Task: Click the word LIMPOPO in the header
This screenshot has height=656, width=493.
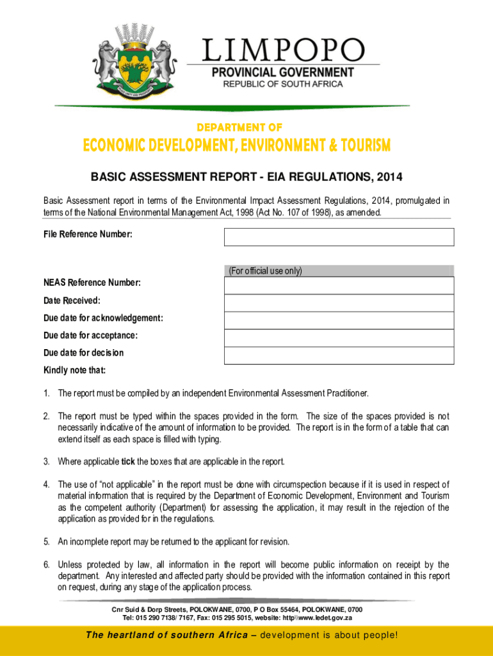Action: (x=284, y=51)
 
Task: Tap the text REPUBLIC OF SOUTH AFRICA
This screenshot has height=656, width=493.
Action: (x=282, y=84)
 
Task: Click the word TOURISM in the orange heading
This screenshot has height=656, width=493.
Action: (x=360, y=147)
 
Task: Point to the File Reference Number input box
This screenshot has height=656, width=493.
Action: (x=339, y=237)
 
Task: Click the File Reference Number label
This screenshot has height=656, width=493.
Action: (x=88, y=235)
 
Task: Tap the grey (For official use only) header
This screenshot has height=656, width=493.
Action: (x=339, y=271)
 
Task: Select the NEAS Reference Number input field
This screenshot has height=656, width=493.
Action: (x=339, y=286)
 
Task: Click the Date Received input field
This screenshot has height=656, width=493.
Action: (x=339, y=303)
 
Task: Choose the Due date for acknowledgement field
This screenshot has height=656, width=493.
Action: (x=339, y=320)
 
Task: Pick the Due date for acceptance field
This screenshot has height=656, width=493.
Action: (x=339, y=338)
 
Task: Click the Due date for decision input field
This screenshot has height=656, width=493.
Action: (x=339, y=355)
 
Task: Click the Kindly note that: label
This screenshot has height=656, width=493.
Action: (x=74, y=370)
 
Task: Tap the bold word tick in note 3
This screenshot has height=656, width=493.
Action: (x=128, y=462)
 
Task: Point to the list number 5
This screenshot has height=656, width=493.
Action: (x=47, y=542)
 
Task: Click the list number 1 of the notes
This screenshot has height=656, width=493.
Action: (x=47, y=393)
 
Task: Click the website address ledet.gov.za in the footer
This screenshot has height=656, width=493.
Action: (x=327, y=618)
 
